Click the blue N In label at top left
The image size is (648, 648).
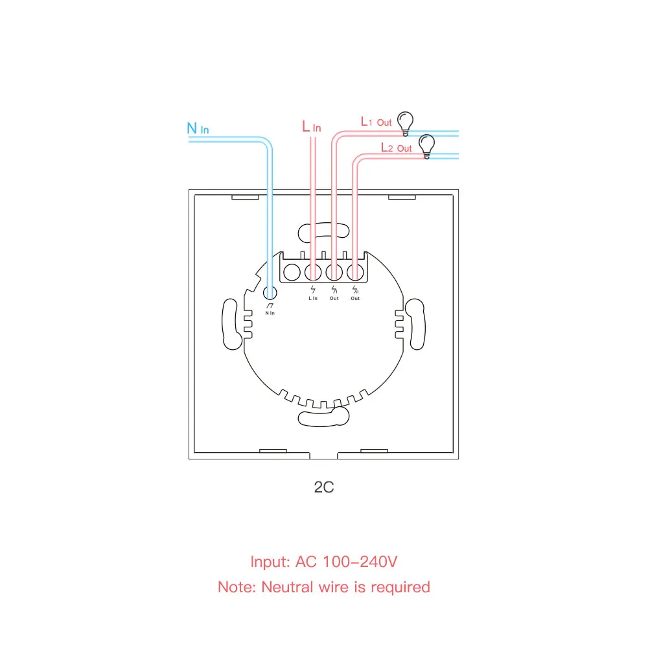coord(198,128)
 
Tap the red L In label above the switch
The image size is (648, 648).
coord(311,127)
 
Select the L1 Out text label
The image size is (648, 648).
coord(376,121)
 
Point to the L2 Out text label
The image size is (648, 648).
coord(396,148)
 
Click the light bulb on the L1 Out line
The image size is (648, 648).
coord(406,122)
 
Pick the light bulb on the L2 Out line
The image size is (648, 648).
coord(426,146)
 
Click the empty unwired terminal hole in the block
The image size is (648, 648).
coord(292,272)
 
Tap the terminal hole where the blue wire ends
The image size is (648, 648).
coord(269,292)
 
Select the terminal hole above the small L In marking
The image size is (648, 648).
coord(313,272)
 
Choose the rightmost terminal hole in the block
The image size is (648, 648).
coord(354,272)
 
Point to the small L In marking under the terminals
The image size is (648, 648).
coord(313,298)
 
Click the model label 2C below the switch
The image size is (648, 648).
coord(324,487)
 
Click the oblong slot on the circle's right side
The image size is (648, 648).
coord(417,326)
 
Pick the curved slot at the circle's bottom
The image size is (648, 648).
coord(323,416)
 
